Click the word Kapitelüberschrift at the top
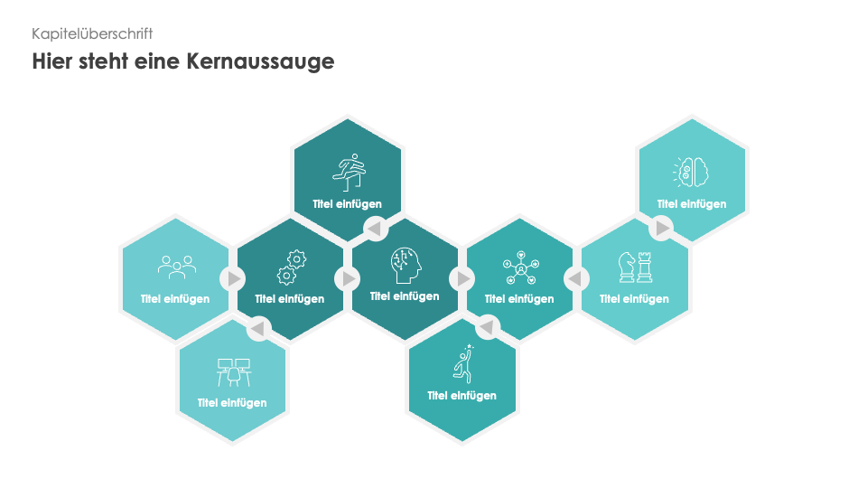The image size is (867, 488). pos(92,33)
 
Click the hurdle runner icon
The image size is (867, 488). pos(348,168)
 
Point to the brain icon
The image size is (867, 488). pos(692,170)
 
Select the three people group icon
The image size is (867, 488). pos(176,266)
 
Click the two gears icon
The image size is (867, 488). pos(291,267)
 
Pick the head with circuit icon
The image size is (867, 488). pos(406,264)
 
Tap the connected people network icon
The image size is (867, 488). pos(520,267)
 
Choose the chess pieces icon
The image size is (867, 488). pos(635,267)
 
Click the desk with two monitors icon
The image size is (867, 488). pos(233,371)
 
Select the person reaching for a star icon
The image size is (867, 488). pos(463,363)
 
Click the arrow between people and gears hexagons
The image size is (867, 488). pos(233,279)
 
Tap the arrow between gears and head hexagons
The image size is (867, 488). pos(348,279)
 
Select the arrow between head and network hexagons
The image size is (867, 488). pos(462,279)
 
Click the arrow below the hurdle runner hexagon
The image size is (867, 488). pos(374,229)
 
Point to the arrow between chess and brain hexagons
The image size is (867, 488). pos(662,228)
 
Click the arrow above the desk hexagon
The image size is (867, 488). pos(259,328)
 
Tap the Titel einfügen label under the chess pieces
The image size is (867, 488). pos(634,299)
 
